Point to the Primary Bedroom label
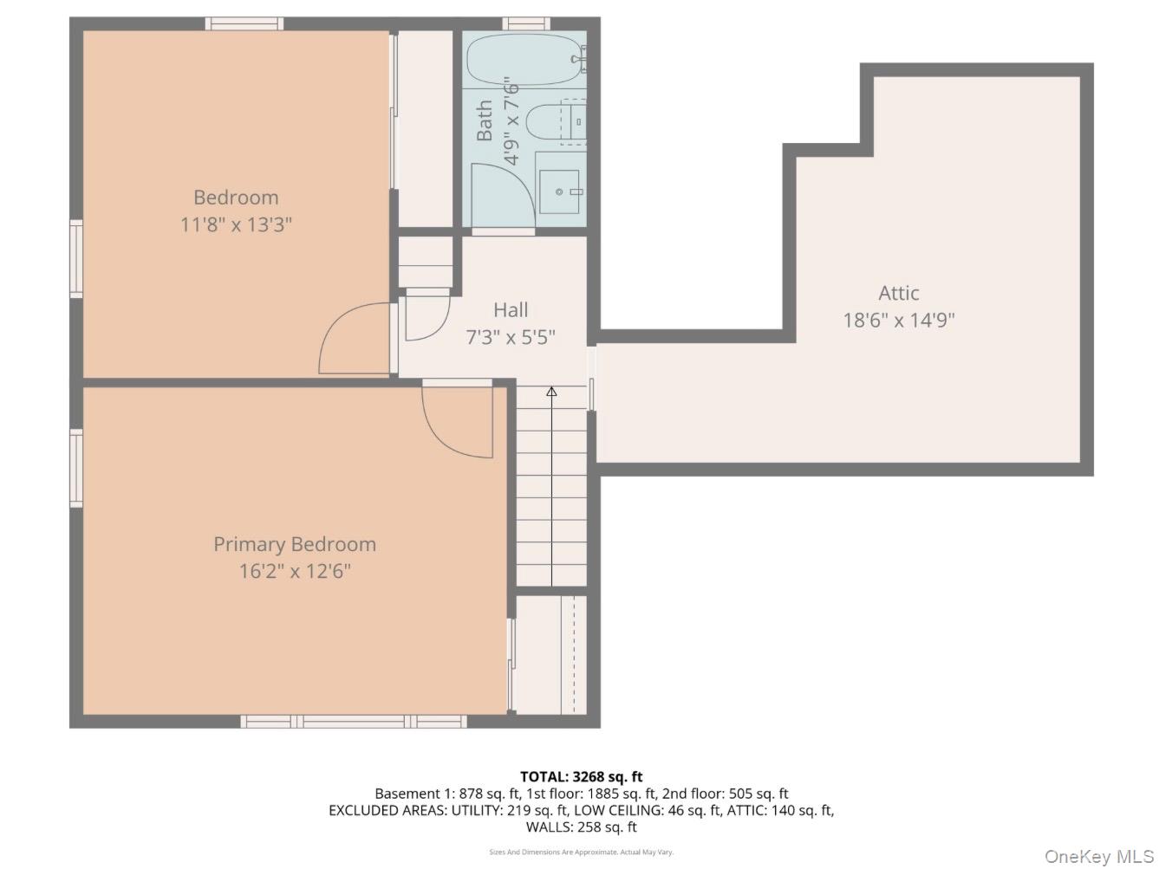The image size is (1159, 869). coord(295,544)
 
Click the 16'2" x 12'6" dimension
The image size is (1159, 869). coord(295,572)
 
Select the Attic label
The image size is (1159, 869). coord(898,293)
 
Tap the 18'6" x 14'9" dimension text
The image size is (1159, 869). coord(898,321)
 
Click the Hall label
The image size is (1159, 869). coord(511,309)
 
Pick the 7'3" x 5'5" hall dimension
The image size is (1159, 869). coord(511,337)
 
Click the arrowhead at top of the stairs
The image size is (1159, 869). coord(551,392)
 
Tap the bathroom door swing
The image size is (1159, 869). coord(498,195)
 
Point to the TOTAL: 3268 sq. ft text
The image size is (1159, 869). coord(581,776)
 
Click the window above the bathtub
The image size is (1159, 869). coord(526,23)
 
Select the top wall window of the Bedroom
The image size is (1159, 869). coord(244,23)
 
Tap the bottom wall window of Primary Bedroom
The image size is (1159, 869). coord(354,722)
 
